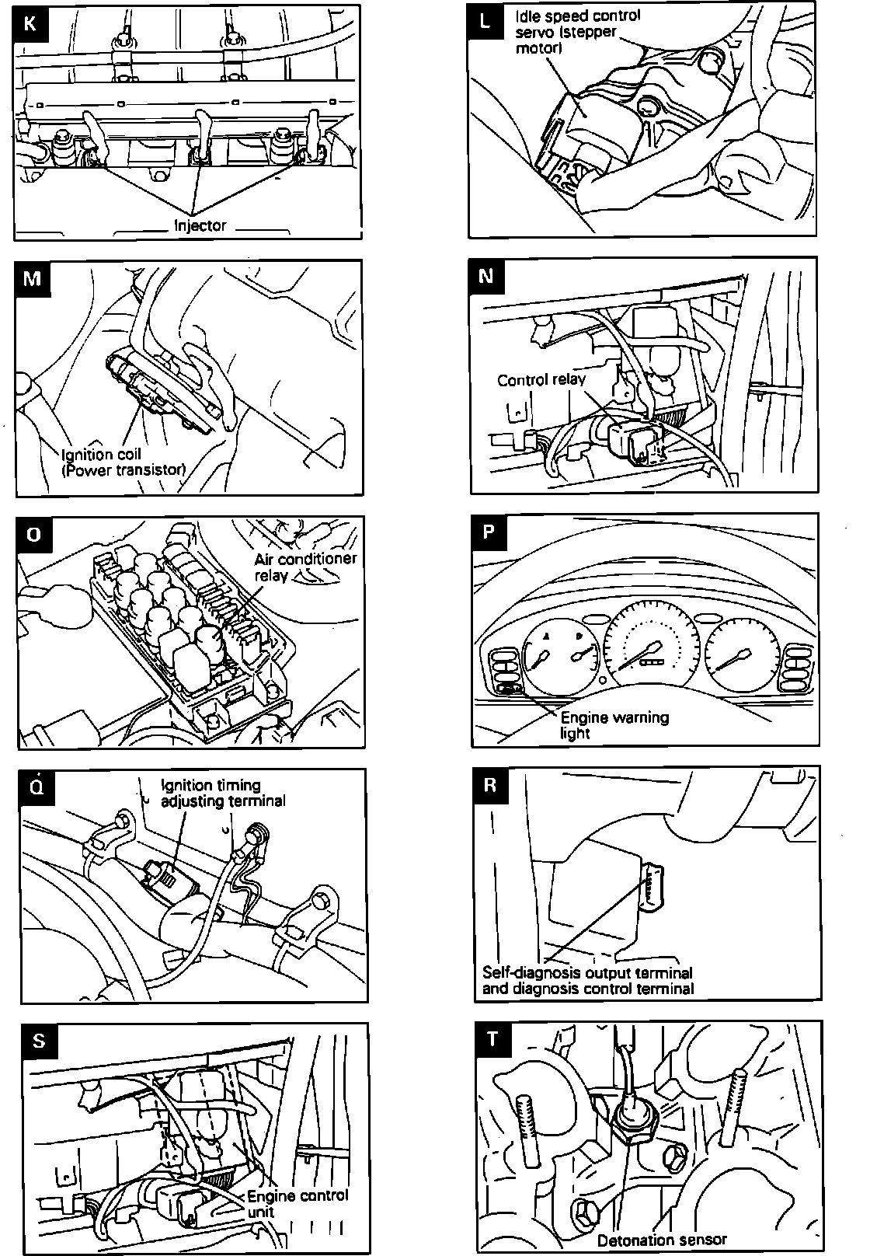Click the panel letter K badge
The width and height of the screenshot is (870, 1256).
[30, 22]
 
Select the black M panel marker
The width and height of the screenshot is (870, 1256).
[32, 277]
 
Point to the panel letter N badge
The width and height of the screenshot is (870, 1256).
[487, 276]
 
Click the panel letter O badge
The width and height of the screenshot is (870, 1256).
[33, 535]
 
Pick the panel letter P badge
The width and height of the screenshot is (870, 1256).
[489, 532]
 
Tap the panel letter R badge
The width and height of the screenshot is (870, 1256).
[490, 785]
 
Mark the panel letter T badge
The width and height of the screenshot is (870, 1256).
[492, 1040]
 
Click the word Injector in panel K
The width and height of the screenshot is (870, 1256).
[200, 226]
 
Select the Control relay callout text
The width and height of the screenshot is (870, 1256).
[541, 380]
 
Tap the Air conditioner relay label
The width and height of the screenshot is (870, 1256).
[305, 567]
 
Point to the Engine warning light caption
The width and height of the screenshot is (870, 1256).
[614, 724]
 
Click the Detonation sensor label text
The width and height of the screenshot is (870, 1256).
[662, 1240]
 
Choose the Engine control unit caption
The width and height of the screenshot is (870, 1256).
[298, 1204]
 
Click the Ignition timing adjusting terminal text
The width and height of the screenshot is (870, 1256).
[222, 793]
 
